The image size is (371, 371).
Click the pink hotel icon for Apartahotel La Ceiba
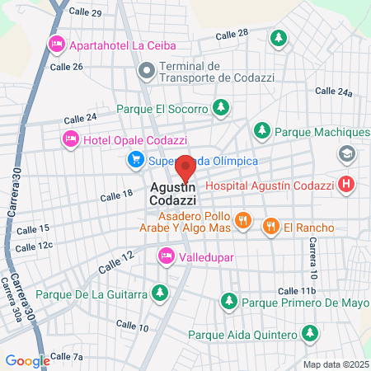pos(57,43)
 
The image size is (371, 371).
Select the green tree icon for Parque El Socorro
pos(221,106)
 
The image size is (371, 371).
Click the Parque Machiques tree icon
pos(262,130)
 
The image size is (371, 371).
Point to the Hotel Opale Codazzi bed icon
pos(70,140)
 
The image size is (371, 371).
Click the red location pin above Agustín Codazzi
pos(185,167)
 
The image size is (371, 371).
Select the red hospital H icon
pos(346,185)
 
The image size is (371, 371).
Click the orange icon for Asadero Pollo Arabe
pos(242,219)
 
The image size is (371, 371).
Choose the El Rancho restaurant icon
pos(270,225)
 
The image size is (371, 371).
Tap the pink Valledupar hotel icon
pos(166,256)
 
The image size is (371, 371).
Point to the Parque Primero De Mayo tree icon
pos(230,300)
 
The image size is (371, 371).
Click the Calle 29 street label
pos(86,13)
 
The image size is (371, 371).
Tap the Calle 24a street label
pos(333,92)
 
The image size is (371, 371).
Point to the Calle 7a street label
pos(67,356)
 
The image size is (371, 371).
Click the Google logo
pos(27,360)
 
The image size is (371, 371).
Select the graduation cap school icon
pos(346,154)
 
